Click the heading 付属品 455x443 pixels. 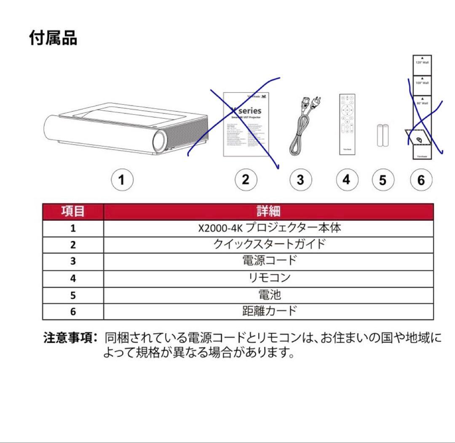(53, 38)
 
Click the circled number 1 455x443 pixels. (122, 180)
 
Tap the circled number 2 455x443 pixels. (246, 180)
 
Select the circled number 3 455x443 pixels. (300, 180)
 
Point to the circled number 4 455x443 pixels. (346, 180)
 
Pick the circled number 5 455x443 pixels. (383, 181)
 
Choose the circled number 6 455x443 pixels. (421, 181)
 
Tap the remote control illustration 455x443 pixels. (347, 124)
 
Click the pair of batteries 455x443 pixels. (382, 135)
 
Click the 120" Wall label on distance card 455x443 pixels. (422, 62)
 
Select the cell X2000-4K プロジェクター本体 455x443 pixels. (268, 228)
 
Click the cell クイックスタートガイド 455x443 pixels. (268, 244)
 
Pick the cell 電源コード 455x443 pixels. (268, 261)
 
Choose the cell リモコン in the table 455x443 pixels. (268, 278)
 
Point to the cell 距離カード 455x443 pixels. (268, 311)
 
